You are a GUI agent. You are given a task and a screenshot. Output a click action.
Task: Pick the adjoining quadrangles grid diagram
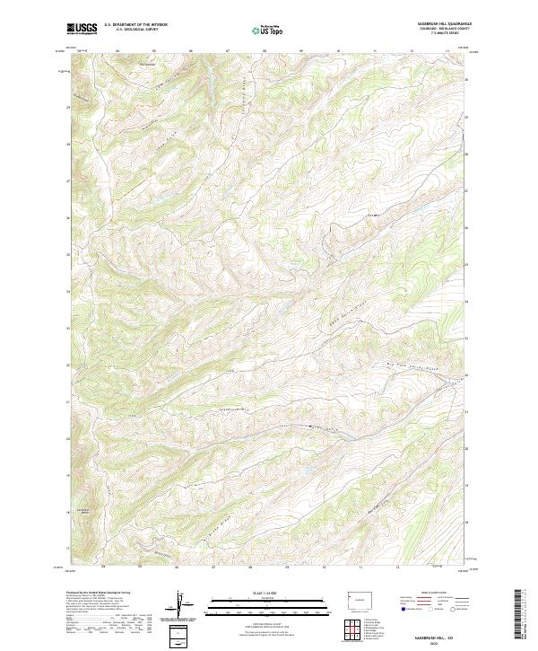[x=351, y=623]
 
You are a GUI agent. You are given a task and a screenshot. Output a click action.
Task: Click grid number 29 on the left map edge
[x=68, y=108]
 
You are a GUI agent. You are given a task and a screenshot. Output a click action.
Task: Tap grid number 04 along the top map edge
[x=117, y=51]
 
